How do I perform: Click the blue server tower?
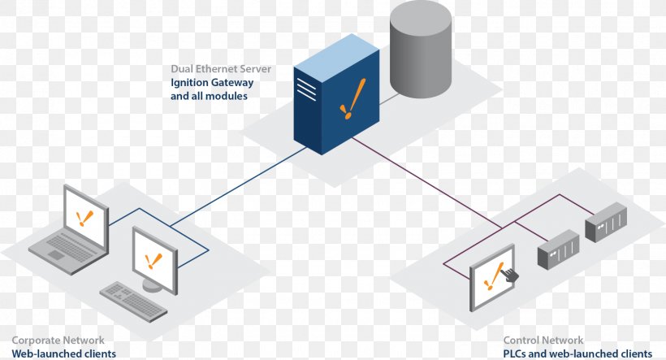(336, 94)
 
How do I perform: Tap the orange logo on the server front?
(352, 98)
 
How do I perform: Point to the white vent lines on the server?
(306, 89)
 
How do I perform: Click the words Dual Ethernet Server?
(221, 69)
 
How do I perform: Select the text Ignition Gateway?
(212, 82)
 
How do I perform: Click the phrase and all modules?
(209, 96)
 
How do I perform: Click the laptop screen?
(86, 217)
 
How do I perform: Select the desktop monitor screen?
(154, 260)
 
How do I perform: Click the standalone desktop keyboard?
(133, 301)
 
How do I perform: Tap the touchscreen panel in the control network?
(492, 278)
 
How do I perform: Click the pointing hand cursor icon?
(510, 274)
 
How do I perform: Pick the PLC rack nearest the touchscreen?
(559, 249)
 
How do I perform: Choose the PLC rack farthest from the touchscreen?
(606, 223)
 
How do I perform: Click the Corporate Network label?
(58, 340)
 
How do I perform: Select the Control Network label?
(543, 340)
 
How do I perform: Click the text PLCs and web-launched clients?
(577, 353)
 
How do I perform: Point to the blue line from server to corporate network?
(238, 185)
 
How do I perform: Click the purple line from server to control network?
(427, 183)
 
